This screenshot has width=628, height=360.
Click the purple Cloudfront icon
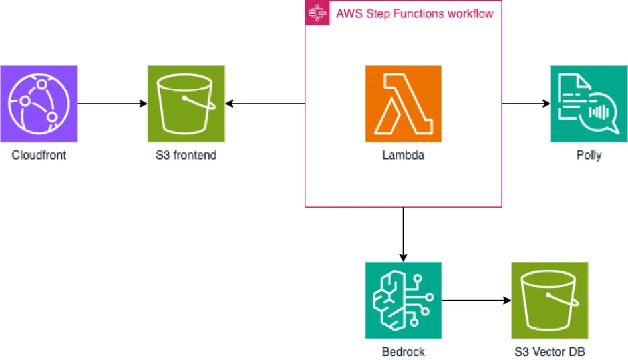tap(39, 104)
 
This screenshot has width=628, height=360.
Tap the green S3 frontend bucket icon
tap(186, 104)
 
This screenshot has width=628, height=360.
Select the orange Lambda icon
tap(403, 104)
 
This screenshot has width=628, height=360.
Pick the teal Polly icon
tap(589, 104)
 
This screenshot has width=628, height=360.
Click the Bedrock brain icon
tap(403, 301)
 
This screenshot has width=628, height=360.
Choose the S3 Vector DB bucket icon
tap(549, 301)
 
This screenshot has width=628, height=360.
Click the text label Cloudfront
tap(39, 156)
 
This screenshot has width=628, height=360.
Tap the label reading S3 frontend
tap(186, 156)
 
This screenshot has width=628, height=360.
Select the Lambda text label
tap(403, 156)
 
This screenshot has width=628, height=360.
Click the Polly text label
tap(589, 156)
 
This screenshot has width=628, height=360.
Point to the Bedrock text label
tap(403, 352)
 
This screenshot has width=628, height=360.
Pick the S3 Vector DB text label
tap(549, 352)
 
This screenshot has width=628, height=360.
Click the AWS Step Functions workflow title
tap(414, 13)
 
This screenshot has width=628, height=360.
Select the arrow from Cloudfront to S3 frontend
tap(112, 104)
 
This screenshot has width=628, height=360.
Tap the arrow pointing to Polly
tap(526, 104)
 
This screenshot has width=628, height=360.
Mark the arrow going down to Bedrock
tap(403, 234)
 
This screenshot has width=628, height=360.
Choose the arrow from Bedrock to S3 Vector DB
tap(476, 301)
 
